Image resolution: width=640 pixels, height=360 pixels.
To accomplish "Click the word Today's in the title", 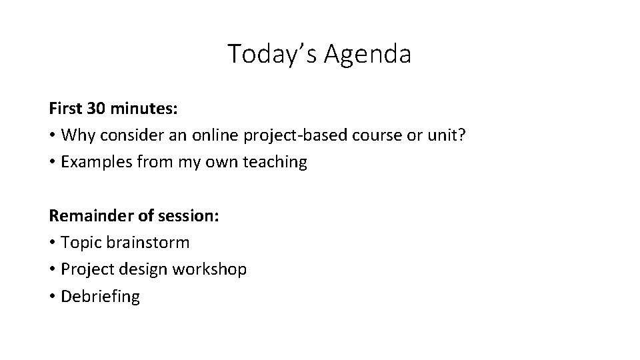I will (273, 53).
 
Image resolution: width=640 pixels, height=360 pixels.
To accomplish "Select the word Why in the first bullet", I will (75, 135).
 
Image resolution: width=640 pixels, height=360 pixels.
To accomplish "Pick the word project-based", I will (285, 135).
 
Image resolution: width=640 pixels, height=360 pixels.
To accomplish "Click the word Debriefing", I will (100, 297).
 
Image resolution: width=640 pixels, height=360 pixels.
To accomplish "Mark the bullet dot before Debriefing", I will (52, 297).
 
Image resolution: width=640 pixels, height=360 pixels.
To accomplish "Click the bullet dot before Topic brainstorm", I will (52, 243).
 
